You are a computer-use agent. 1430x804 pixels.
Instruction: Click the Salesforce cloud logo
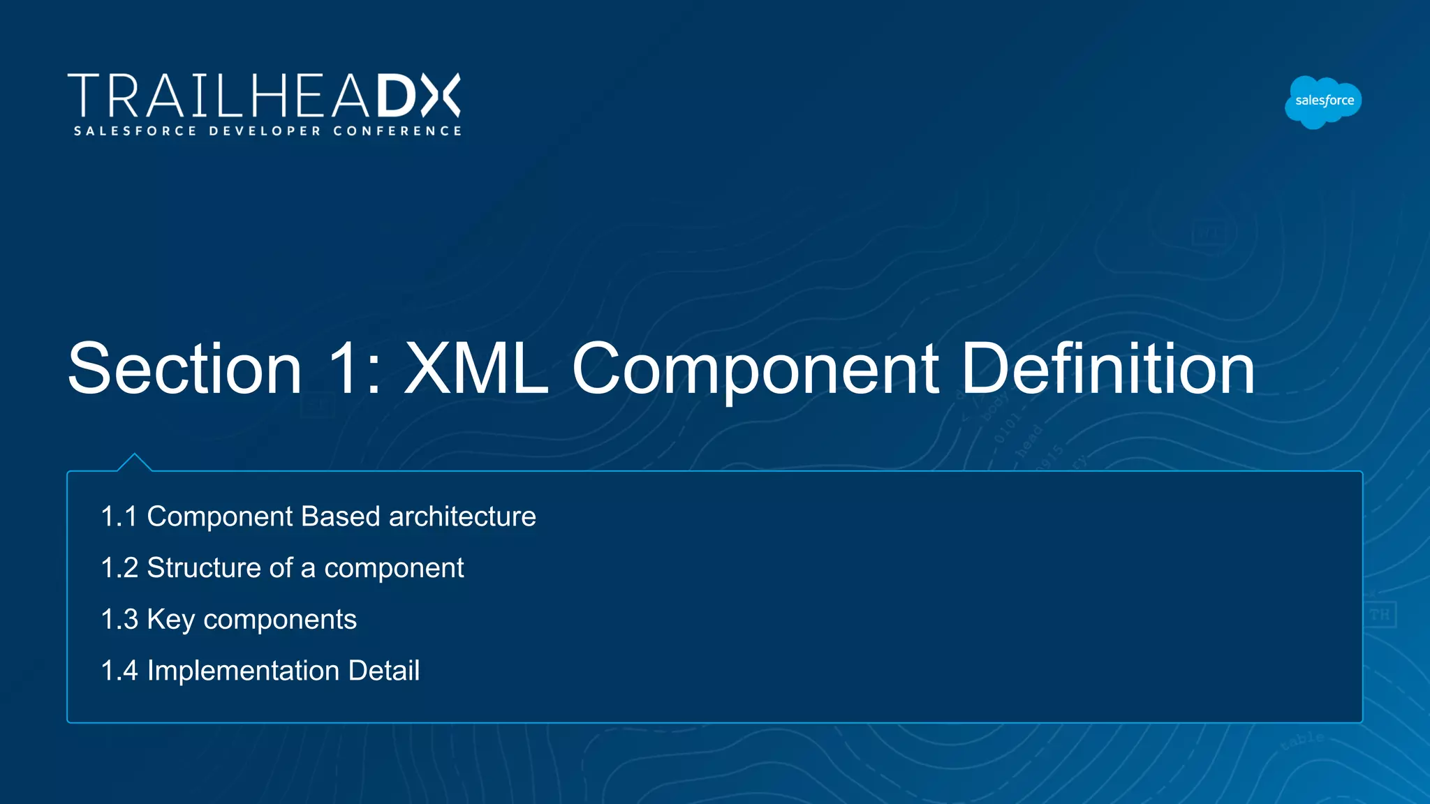1323,102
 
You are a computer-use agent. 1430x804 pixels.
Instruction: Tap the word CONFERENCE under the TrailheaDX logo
397,131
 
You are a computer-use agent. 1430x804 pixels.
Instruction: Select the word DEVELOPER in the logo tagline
265,131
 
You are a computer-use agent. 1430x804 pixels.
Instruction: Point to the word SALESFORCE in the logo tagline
135,131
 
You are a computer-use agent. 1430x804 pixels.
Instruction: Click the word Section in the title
185,368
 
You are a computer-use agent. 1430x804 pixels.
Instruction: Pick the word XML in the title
476,368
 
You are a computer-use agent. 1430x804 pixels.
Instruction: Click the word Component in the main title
755,368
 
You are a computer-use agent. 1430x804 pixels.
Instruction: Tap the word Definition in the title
1108,368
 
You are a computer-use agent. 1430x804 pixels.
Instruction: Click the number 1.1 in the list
119,517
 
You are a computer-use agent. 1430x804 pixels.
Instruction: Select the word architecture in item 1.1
462,517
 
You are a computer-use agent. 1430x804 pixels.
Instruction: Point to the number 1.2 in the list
119,568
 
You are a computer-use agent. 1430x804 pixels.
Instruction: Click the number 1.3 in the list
119,620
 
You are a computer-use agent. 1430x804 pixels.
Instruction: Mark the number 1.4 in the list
119,671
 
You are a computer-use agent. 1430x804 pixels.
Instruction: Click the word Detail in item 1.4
384,671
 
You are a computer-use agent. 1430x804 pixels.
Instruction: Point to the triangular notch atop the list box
135,462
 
